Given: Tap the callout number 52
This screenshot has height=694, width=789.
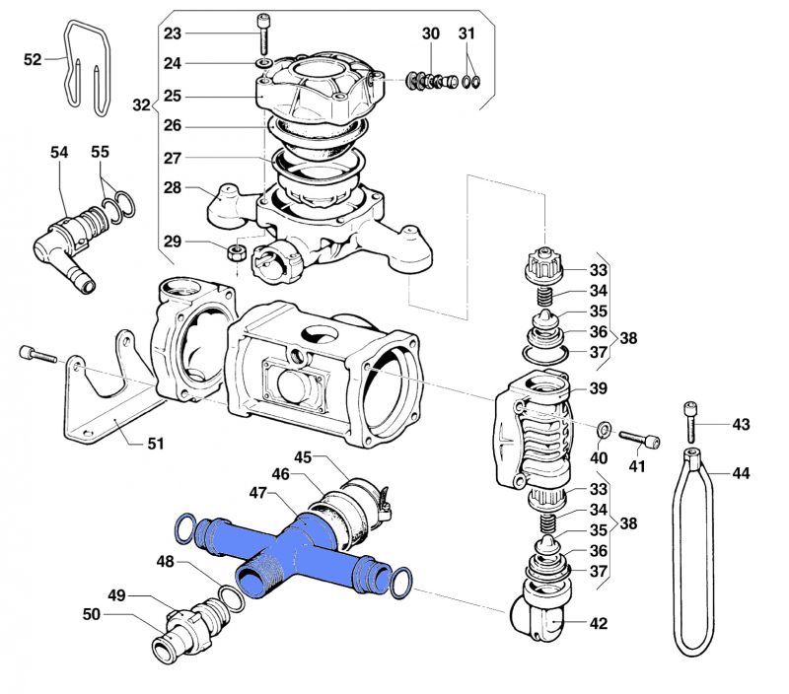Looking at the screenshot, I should point(33,60).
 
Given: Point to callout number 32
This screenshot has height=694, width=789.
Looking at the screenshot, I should point(141,104).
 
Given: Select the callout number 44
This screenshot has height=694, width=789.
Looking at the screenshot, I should point(741,473).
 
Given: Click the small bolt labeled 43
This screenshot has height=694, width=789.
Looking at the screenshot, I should point(692,421).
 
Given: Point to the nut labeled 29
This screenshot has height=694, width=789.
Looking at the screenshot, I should point(237,251).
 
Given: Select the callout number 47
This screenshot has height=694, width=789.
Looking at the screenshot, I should point(257,491).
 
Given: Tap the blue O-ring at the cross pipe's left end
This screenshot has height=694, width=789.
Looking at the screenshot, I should point(184,528).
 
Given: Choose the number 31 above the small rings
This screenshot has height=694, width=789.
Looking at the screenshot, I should point(466,34).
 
